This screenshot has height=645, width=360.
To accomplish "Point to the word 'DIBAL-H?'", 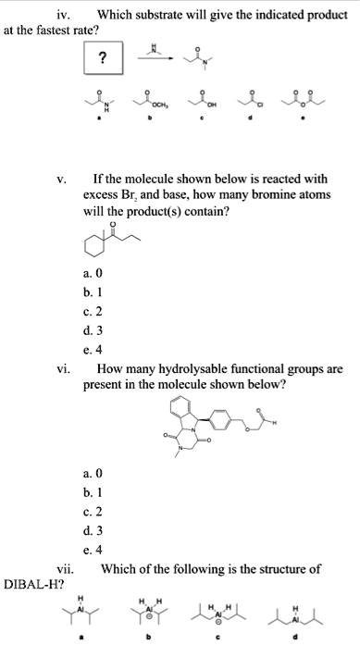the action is (x=31, y=579).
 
